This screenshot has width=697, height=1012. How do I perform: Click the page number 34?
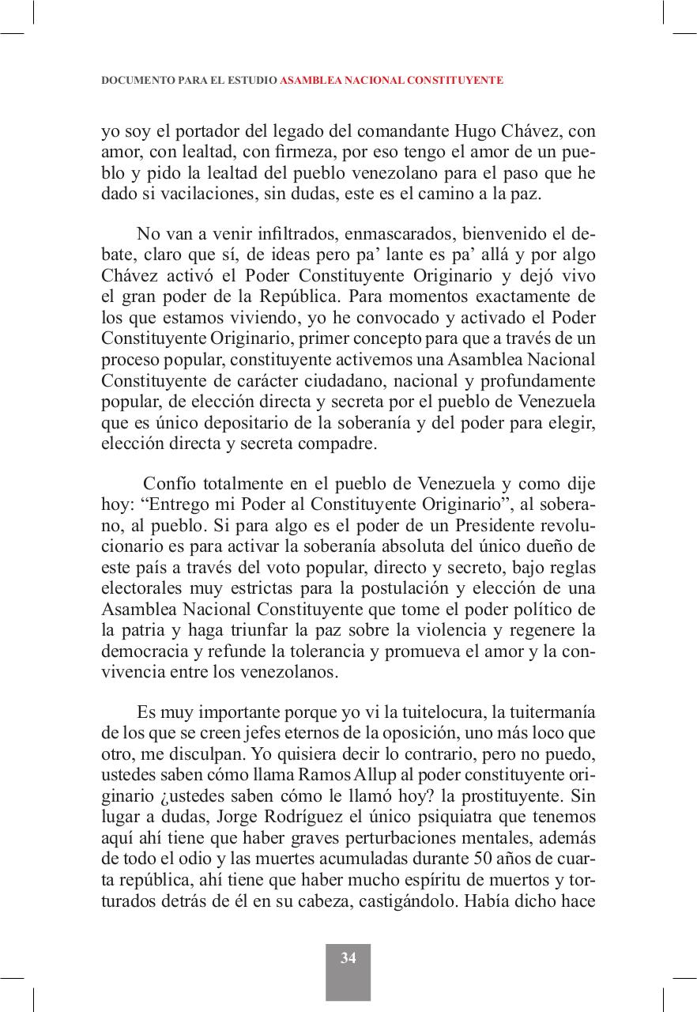pyautogui.click(x=348, y=958)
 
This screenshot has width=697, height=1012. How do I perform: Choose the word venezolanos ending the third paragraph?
pyautogui.click(x=294, y=673)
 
